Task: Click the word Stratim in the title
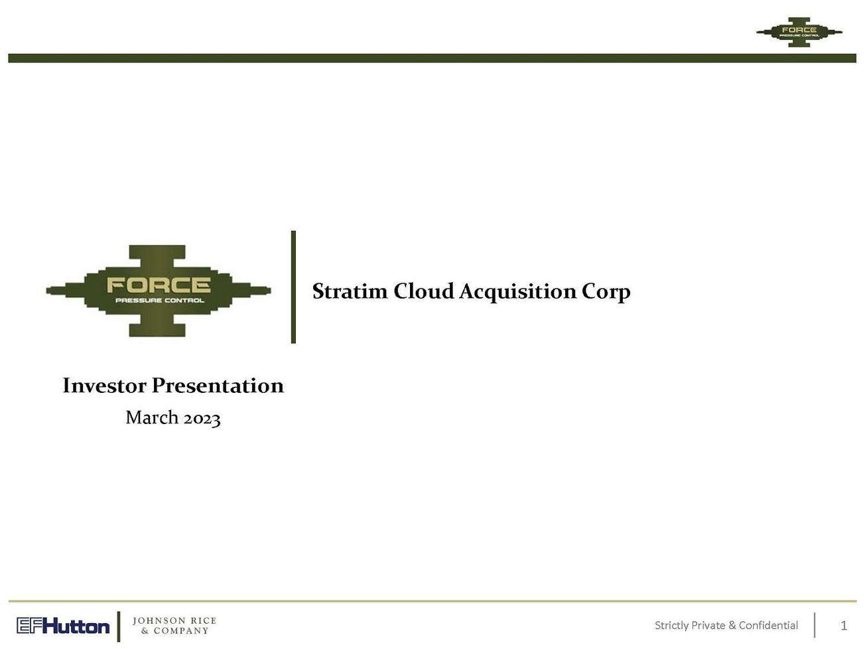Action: click(350, 291)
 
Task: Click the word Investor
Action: click(104, 386)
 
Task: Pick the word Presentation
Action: click(218, 386)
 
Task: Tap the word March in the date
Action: click(152, 417)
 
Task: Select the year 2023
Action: click(202, 418)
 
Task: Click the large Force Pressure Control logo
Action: click(158, 291)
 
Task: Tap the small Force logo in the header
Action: click(799, 31)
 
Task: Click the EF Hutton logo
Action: click(63, 626)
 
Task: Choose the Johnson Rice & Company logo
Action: click(174, 626)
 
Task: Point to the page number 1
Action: click(844, 626)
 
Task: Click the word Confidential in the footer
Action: click(768, 625)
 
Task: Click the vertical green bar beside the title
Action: click(293, 287)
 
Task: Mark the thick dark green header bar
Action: click(431, 58)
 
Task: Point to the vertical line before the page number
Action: click(815, 625)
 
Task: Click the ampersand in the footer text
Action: click(732, 625)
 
